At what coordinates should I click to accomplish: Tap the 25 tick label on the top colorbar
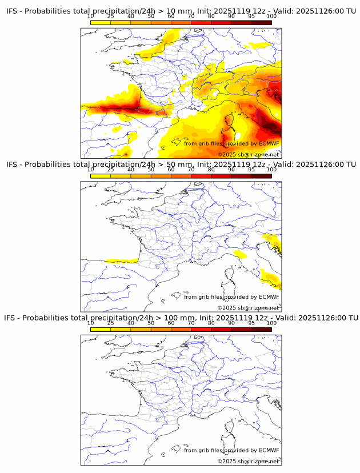point(111,17)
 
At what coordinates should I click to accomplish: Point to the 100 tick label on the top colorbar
point(271,17)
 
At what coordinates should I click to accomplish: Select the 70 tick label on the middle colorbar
point(191,170)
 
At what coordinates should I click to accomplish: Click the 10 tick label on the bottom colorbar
point(91,323)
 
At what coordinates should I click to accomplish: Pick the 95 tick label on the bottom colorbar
point(251,323)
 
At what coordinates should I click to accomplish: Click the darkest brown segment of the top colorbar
point(261,23)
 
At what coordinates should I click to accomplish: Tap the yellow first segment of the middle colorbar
point(101,176)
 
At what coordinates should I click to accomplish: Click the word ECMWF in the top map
point(269,143)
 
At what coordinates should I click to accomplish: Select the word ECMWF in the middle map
point(269,296)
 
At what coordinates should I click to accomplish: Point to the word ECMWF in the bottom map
point(269,450)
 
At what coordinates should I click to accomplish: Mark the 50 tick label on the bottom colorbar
point(151,323)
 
